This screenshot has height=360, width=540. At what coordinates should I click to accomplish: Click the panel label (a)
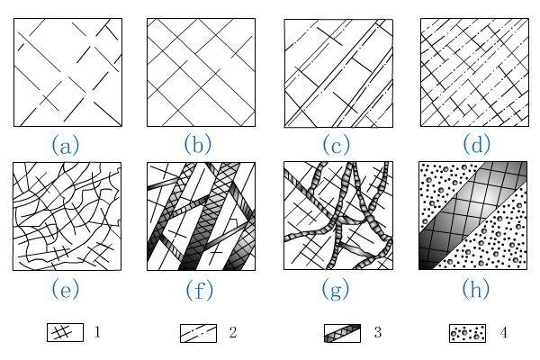(x=67, y=144)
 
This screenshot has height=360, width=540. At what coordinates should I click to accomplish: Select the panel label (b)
(x=202, y=144)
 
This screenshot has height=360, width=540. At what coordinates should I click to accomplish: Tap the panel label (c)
(x=338, y=144)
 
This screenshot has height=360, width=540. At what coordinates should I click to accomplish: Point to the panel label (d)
(x=474, y=144)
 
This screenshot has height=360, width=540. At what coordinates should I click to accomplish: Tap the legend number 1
(x=96, y=333)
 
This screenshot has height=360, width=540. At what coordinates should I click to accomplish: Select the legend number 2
(x=232, y=333)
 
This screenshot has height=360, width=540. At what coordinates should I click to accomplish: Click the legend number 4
(x=504, y=333)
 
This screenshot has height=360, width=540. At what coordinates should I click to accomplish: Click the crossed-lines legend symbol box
(x=64, y=333)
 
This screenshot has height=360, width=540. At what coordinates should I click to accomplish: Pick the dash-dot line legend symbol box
(x=200, y=333)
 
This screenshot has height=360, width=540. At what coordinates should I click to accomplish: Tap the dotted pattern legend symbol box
(x=467, y=333)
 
